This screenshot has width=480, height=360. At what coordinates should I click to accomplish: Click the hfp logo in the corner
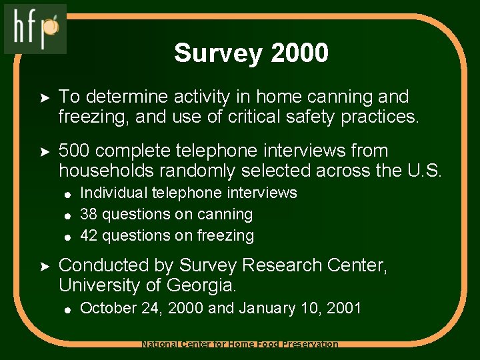tap(35, 29)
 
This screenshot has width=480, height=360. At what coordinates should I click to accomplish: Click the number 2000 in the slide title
tap(299, 53)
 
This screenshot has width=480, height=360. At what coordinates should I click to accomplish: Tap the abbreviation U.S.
tap(423, 171)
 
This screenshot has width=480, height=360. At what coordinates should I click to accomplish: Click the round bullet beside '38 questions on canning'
tap(67, 215)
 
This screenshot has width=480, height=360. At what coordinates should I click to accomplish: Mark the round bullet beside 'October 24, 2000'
tap(67, 309)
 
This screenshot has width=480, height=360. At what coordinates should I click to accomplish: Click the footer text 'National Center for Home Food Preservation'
tap(240, 344)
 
